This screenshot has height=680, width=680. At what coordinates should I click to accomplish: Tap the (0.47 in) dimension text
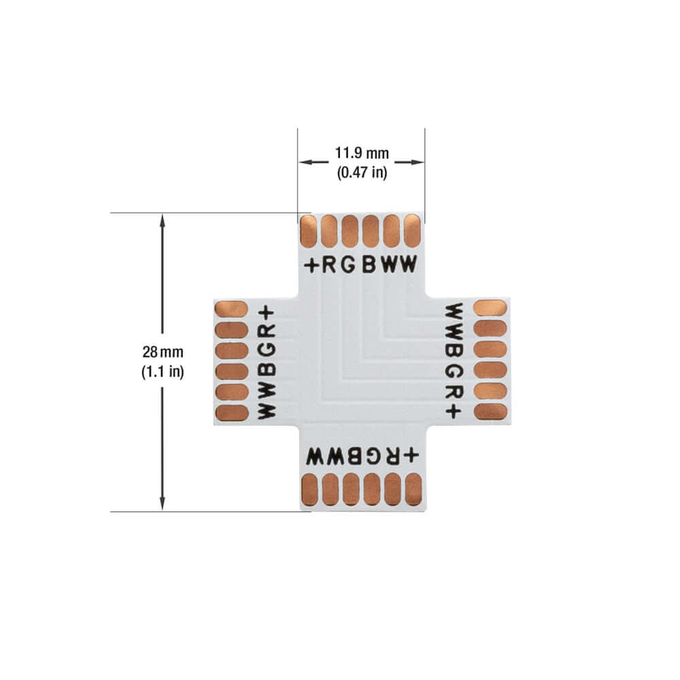click(362, 173)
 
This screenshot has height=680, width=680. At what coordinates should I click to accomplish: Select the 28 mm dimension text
click(163, 352)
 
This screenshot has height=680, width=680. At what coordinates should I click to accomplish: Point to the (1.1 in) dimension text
click(163, 373)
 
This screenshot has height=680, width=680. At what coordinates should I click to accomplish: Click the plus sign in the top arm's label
click(311, 266)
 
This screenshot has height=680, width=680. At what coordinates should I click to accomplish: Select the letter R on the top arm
click(329, 266)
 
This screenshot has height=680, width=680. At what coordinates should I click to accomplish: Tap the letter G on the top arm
click(348, 266)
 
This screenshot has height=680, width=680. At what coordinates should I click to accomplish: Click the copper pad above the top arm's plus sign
click(309, 231)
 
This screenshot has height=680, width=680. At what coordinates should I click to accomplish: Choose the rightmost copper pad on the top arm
click(412, 231)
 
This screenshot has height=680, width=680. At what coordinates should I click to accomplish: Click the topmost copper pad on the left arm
click(231, 309)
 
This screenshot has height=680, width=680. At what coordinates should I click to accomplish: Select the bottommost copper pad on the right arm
click(490, 411)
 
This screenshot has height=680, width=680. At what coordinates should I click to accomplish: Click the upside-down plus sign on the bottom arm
click(411, 454)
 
